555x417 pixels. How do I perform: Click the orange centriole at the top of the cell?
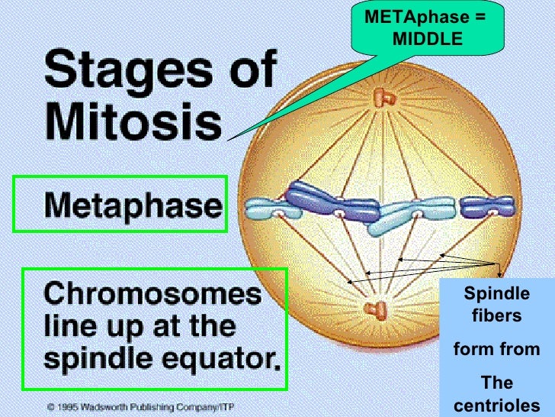[380, 97]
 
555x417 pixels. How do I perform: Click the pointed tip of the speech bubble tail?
[229, 140]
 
